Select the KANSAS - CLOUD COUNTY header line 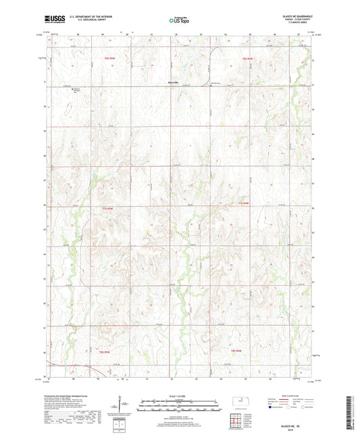(x=303, y=20)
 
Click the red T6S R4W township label (x=247, y=59)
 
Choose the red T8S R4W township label (x=236, y=351)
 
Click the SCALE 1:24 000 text (x=180, y=396)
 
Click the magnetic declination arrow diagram (x=122, y=405)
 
